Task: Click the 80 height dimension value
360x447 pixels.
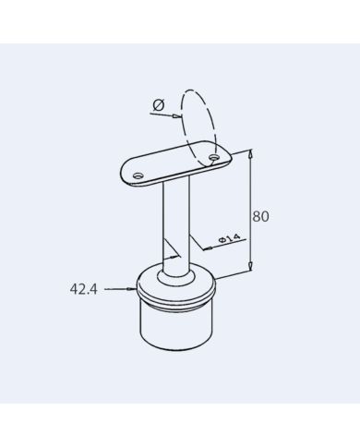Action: [x=260, y=216]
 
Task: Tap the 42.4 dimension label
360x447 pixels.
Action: [x=83, y=289]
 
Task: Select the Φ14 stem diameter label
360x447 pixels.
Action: [x=229, y=238]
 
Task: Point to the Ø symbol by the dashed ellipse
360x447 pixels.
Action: [x=159, y=105]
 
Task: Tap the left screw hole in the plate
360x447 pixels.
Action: [x=138, y=175]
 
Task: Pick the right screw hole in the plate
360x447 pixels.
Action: [x=213, y=158]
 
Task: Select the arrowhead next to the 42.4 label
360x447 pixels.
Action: [x=132, y=289]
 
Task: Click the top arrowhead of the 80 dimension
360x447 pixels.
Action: [x=251, y=153]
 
